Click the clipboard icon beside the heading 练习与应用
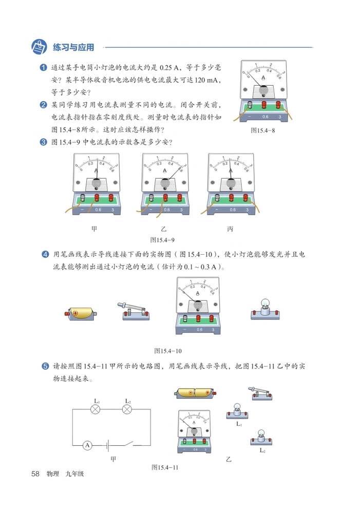click(x=39, y=47)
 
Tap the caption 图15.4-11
click(x=164, y=467)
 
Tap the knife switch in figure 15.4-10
click(x=135, y=311)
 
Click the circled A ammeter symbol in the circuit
click(x=87, y=445)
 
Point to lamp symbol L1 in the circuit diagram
click(x=95, y=409)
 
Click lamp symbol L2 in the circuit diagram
click(x=128, y=409)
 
